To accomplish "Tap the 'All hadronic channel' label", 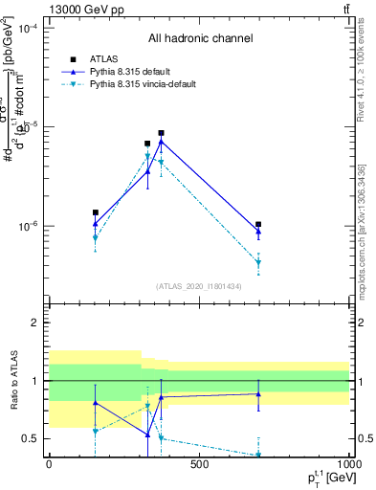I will click(200, 39).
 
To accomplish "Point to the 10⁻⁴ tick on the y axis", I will click(28, 29).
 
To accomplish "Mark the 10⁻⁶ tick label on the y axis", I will click(28, 227).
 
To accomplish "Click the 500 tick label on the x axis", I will click(199, 464).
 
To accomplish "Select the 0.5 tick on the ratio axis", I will click(30, 438).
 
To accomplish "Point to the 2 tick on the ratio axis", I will click(34, 323).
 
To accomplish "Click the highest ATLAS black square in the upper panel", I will click(161, 133).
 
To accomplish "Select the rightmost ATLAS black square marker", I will click(258, 224).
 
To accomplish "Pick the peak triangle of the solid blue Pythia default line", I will click(161, 141).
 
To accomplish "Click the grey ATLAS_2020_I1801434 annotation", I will click(198, 286).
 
